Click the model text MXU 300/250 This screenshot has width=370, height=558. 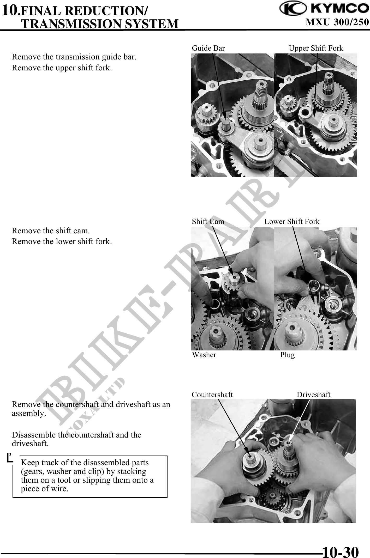tap(337, 22)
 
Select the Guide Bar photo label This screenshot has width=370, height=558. tap(208, 48)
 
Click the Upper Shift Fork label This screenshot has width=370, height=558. tap(316, 48)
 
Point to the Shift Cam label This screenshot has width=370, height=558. tap(208, 222)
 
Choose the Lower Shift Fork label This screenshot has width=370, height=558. tap(292, 222)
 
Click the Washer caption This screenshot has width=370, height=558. tap(204, 355)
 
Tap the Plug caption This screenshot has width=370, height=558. tap(288, 355)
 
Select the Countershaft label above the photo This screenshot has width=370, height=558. tap(212, 395)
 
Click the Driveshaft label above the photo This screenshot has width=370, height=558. tap(314, 395)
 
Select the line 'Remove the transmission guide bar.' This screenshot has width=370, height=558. tap(74, 57)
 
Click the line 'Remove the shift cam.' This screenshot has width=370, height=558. tap(51, 231)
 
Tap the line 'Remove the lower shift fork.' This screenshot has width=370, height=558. tap(62, 242)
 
